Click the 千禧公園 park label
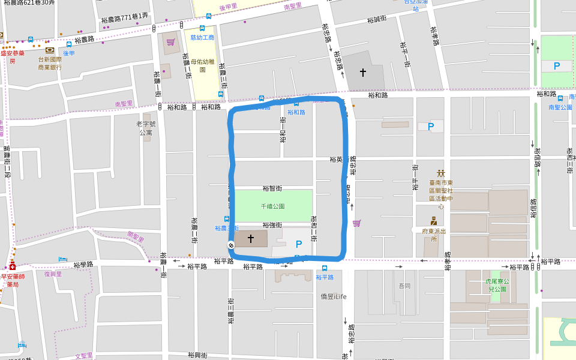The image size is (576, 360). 272,206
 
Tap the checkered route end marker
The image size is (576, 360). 231,245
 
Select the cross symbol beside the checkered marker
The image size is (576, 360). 251,239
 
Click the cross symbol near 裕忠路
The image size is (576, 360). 362,73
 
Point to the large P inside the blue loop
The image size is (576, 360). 298,244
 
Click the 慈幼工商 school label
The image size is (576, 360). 202,37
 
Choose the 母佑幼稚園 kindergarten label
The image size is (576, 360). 202,65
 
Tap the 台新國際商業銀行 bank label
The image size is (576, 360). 50,63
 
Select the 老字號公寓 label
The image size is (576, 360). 146,128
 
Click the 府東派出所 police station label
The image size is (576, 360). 433,235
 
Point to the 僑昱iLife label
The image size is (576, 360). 334,296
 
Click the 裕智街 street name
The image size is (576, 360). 272,188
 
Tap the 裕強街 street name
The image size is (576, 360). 272,225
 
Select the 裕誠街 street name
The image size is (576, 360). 376,19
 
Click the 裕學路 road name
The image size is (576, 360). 83,264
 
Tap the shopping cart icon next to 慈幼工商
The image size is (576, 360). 171,42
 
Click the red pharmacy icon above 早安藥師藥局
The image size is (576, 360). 11,267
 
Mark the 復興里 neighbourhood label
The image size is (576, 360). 53,274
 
